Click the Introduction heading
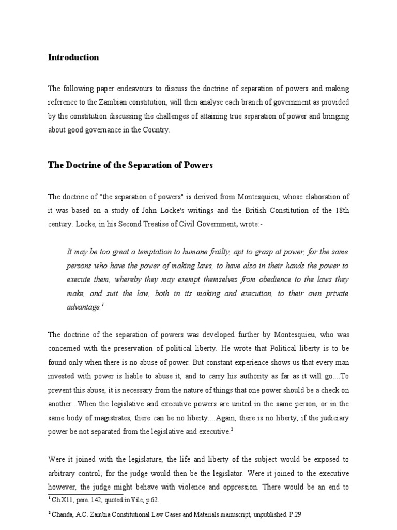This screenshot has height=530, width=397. point(73,57)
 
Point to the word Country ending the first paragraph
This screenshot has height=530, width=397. point(156,130)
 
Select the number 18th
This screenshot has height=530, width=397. point(341,211)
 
